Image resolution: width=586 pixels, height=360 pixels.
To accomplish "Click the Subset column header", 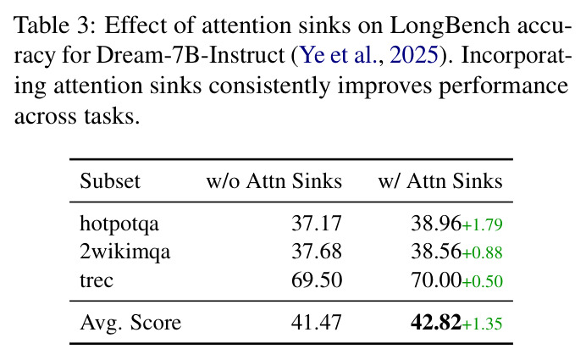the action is point(110,181).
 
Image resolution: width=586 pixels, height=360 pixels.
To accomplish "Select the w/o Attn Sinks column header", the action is point(274,181).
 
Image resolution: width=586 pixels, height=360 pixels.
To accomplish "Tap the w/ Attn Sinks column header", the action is point(440,181).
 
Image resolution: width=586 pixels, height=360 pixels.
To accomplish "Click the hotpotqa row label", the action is point(119,224).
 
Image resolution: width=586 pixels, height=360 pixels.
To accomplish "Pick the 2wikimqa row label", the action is point(124,252).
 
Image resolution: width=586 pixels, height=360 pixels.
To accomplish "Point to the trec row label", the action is point(97,280).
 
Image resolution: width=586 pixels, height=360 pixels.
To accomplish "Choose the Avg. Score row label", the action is point(130,322).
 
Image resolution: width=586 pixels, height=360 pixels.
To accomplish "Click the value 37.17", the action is point(317,224).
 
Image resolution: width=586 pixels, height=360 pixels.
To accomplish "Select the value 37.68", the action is point(317,252).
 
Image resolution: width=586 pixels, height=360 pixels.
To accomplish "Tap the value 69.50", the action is point(317,280).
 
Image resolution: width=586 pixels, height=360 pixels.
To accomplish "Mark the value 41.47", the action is point(317,322).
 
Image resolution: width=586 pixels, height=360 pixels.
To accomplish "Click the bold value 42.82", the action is point(436,322).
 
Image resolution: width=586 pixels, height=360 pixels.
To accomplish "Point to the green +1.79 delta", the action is point(482,225).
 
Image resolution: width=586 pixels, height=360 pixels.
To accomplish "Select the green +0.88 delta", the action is point(482,253).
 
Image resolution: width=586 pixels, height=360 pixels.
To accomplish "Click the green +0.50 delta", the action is point(482,281).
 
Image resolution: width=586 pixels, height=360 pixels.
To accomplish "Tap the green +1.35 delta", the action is point(482,324).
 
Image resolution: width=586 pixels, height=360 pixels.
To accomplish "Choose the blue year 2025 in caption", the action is point(414,55).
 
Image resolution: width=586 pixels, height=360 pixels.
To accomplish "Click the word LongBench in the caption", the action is point(450,26).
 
